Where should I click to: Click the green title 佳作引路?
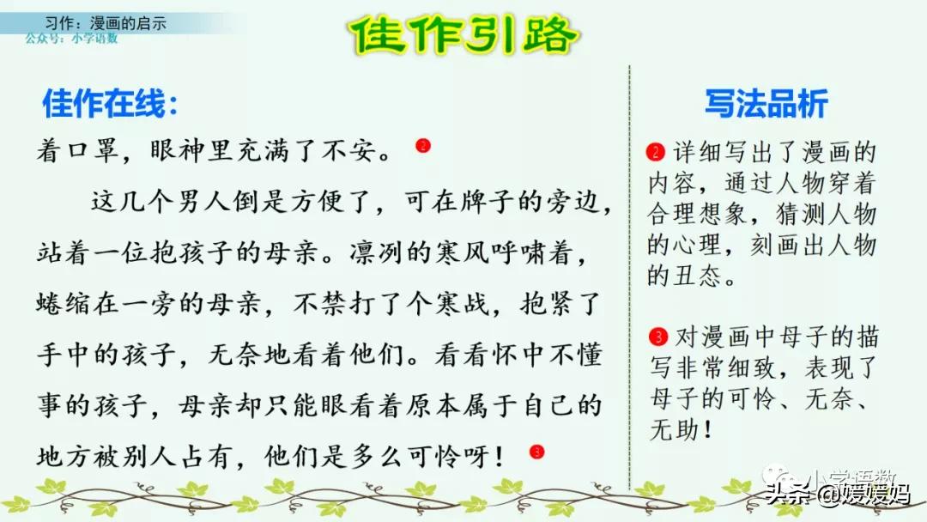click(x=464, y=35)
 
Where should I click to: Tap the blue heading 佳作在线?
click(x=111, y=105)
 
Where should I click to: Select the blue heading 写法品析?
click(x=766, y=104)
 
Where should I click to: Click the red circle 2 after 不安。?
click(x=422, y=146)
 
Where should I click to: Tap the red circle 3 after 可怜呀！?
click(x=537, y=451)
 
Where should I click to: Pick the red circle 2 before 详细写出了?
click(x=656, y=153)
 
